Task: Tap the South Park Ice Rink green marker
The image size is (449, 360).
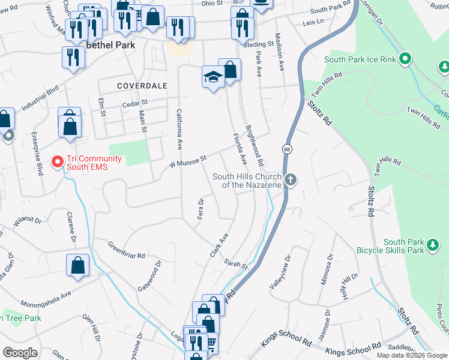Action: coord(406,59)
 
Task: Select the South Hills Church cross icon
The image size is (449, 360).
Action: coord(291,180)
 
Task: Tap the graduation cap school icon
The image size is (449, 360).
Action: coord(212,77)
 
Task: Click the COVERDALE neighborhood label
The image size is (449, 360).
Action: coord(142,86)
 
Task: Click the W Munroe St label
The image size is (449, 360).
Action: coord(187,160)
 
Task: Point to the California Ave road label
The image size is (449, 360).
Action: coord(179,129)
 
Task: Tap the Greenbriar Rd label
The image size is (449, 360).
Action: coord(127,250)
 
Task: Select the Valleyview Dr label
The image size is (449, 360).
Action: coord(280,272)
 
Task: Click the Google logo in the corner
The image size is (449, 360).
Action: coord(20,352)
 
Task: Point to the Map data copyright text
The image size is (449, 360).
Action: coord(412,355)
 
